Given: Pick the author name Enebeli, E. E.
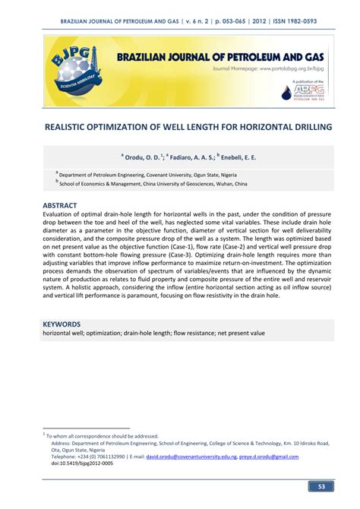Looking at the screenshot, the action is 238,158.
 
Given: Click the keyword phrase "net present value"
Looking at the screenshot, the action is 238,333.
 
